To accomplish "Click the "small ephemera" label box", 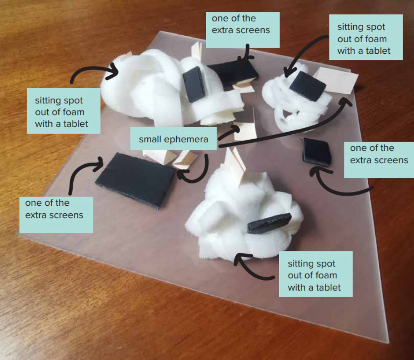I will click(x=174, y=139).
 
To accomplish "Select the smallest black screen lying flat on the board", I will click(x=317, y=151).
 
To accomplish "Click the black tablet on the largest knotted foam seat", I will click(x=194, y=83).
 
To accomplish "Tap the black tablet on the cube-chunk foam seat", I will click(x=269, y=223).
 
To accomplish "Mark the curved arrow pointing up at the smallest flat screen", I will click(x=338, y=184).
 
